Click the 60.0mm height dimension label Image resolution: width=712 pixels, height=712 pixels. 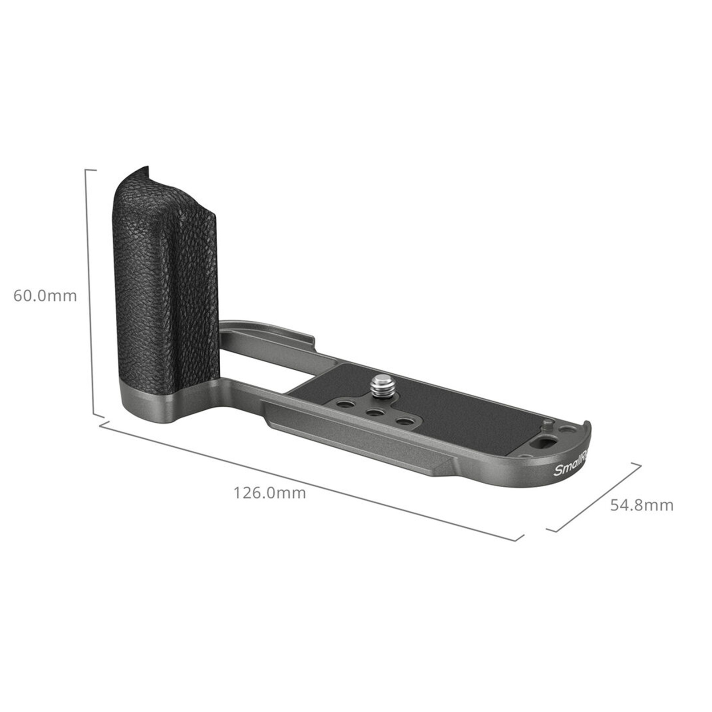pyautogui.click(x=45, y=296)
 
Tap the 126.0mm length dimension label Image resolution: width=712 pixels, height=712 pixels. pyautogui.click(x=270, y=493)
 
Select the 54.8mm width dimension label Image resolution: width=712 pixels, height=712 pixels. pyautogui.click(x=641, y=505)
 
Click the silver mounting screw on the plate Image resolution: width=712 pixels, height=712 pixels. pyautogui.click(x=380, y=386)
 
